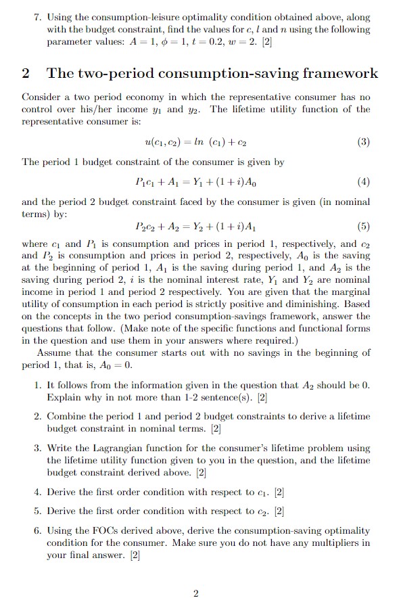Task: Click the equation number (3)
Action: click(x=363, y=143)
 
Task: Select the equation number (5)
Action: click(x=363, y=227)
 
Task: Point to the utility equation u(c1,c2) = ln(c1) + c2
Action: click(x=196, y=143)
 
